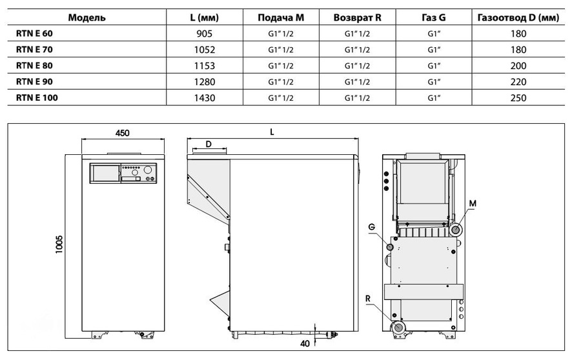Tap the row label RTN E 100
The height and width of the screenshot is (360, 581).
coord(37,98)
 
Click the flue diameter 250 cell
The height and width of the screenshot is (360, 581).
coord(518,98)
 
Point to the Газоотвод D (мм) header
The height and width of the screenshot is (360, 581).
coord(518,17)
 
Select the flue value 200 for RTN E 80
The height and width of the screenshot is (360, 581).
coord(518,66)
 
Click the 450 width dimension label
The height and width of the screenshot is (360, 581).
coord(123,132)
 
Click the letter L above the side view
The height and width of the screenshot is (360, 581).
coord(272,132)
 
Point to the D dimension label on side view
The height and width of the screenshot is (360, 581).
coord(209,145)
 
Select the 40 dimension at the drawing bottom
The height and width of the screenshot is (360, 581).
coord(305,343)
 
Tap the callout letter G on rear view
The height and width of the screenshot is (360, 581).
coord(372,227)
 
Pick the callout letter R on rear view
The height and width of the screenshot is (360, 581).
coord(367,299)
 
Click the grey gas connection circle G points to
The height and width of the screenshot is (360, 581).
coord(390,247)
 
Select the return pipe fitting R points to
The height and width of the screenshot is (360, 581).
coord(398,327)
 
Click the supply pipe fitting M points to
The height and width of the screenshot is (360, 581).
coord(456,230)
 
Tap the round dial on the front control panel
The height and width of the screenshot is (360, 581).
coord(148,172)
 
